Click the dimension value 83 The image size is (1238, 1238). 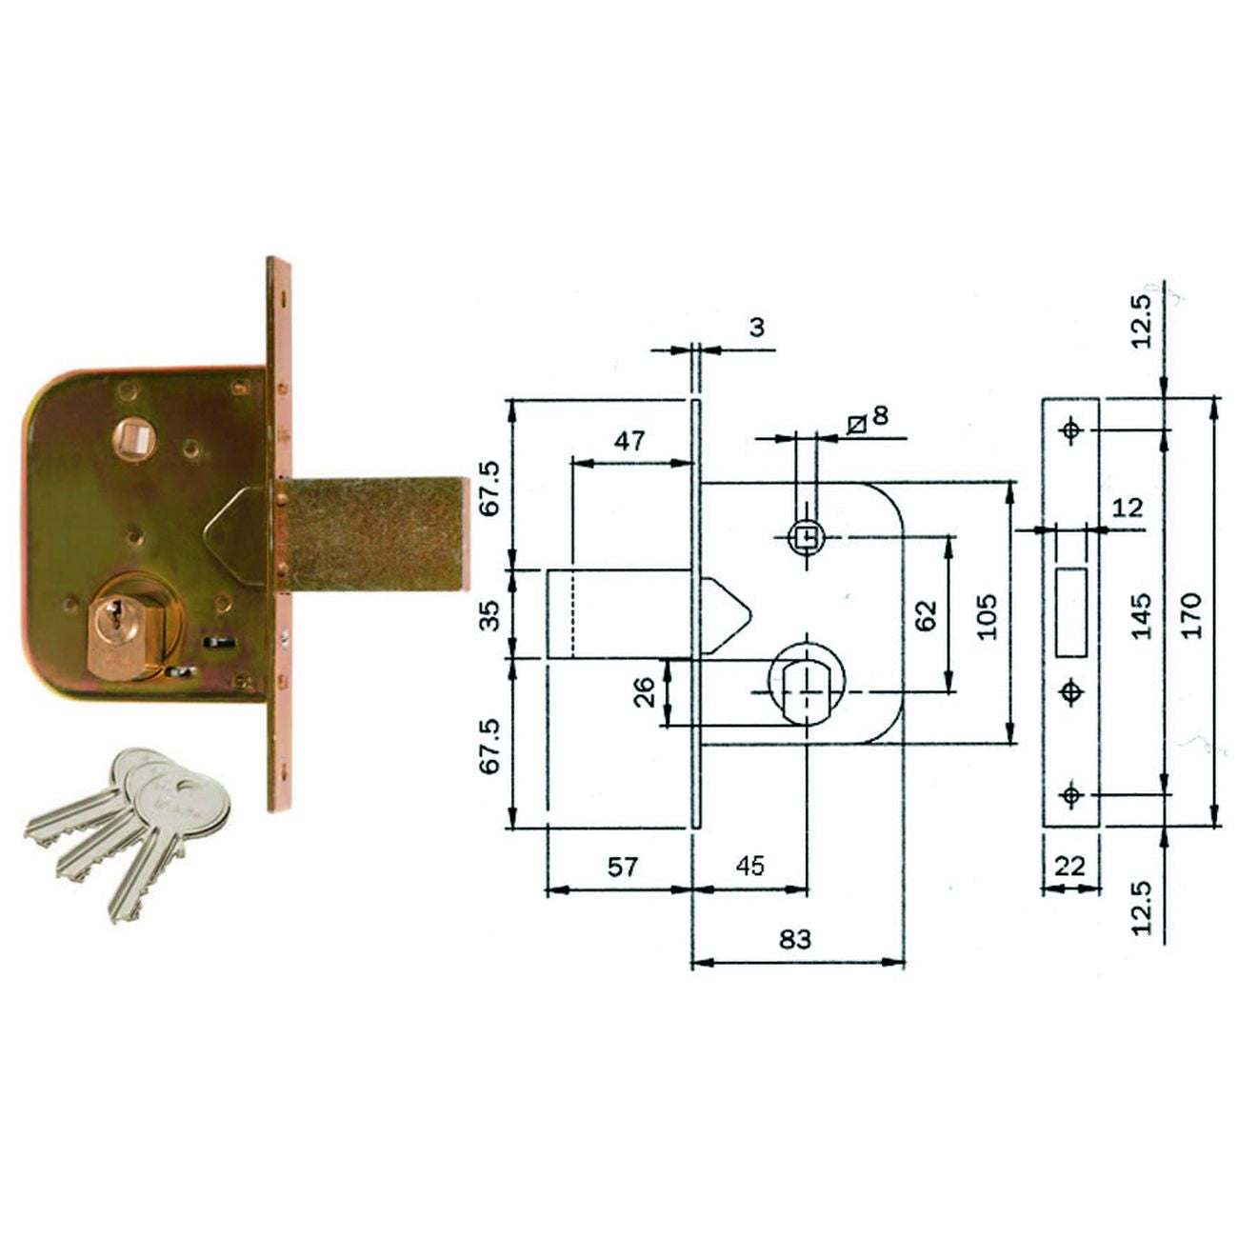pyautogui.click(x=795, y=939)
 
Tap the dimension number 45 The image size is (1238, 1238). pyautogui.click(x=750, y=866)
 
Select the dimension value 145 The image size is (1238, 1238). pyautogui.click(x=1142, y=614)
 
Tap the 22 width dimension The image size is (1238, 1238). pyautogui.click(x=1070, y=866)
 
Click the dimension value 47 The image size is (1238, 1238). pyautogui.click(x=629, y=440)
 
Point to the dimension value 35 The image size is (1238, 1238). pyautogui.click(x=489, y=614)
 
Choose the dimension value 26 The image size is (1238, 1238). pyautogui.click(x=645, y=692)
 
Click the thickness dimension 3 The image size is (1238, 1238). pyautogui.click(x=756, y=328)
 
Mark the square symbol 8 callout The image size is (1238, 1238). pyautogui.click(x=868, y=417)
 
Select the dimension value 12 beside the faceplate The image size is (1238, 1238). pyautogui.click(x=1127, y=507)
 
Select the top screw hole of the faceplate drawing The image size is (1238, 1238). pyautogui.click(x=1072, y=430)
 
